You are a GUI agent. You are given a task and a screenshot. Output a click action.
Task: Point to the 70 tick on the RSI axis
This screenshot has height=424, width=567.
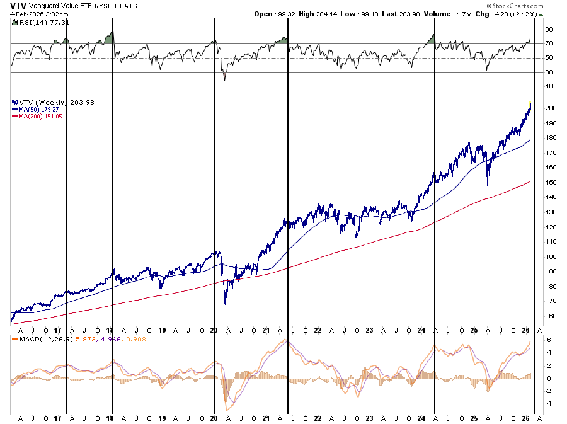pyautogui.click(x=549, y=43)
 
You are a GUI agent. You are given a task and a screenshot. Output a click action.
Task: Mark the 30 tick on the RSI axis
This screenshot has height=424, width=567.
pyautogui.click(x=549, y=72)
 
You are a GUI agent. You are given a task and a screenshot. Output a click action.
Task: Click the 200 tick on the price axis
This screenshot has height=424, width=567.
pyautogui.click(x=551, y=108)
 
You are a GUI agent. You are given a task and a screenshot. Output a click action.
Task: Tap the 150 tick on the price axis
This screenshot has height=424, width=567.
pyautogui.click(x=551, y=183)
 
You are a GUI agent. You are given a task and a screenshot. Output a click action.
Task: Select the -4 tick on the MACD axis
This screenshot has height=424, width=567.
pyautogui.click(x=549, y=403)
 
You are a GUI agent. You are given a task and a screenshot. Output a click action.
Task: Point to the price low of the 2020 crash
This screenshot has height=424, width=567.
pyautogui.click(x=226, y=308)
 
